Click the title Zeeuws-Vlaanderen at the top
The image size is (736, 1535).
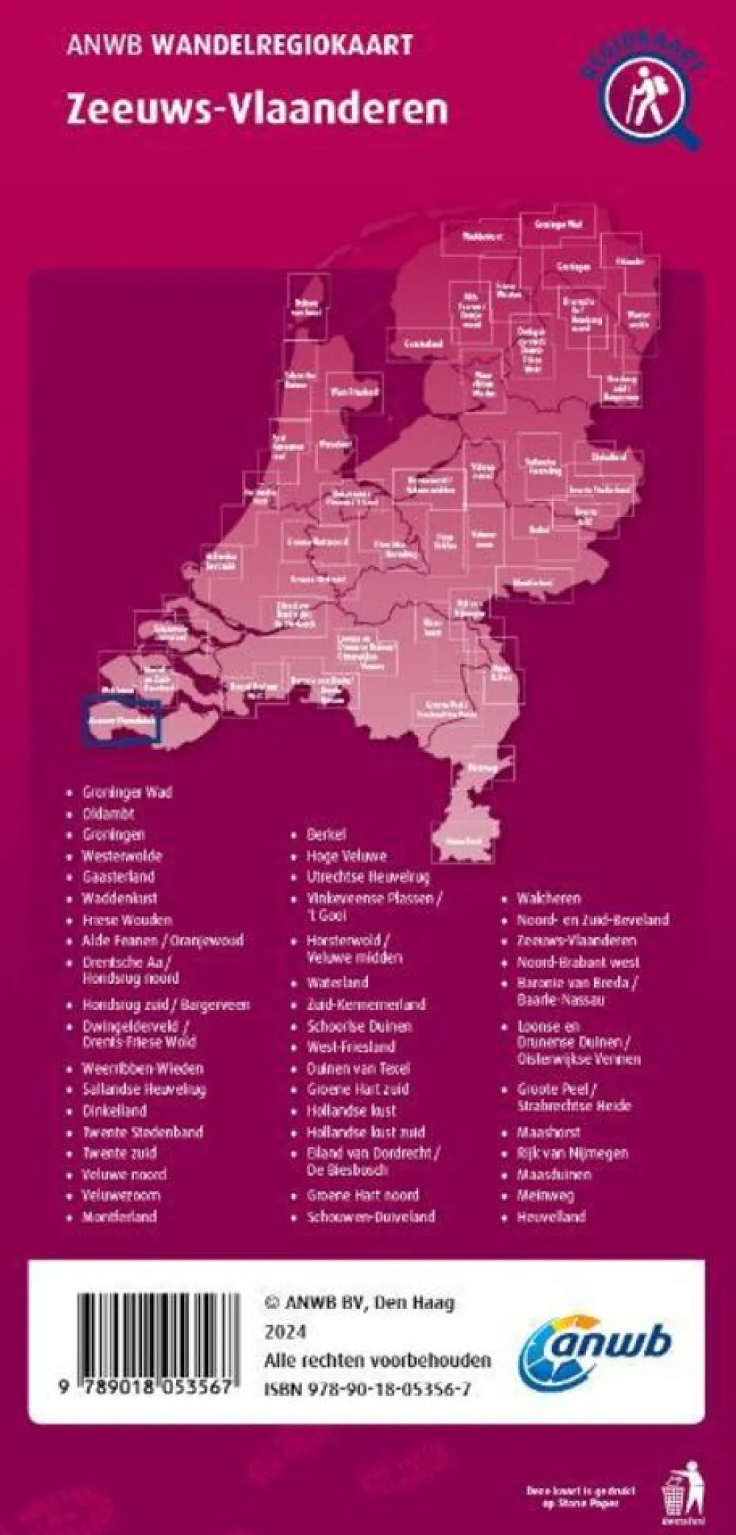coord(257,109)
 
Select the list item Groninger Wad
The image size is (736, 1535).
coord(127,793)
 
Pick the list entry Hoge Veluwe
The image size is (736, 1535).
coord(346,856)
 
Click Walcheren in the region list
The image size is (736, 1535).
coord(548,898)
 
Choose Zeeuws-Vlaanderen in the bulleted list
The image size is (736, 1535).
coord(576,941)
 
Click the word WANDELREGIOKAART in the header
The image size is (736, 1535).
coord(281,46)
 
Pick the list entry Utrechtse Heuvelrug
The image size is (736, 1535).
coord(368,877)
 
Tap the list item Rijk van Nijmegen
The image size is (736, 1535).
coord(573,1153)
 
